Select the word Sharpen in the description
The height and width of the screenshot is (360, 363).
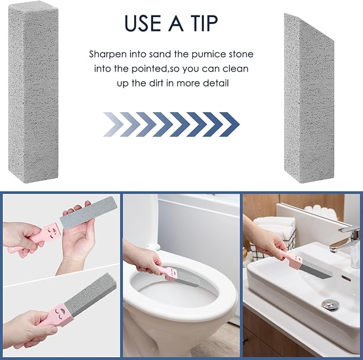[109, 54]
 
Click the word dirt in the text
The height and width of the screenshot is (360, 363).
[158, 83]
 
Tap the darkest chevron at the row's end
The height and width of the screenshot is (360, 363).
[230, 124]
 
